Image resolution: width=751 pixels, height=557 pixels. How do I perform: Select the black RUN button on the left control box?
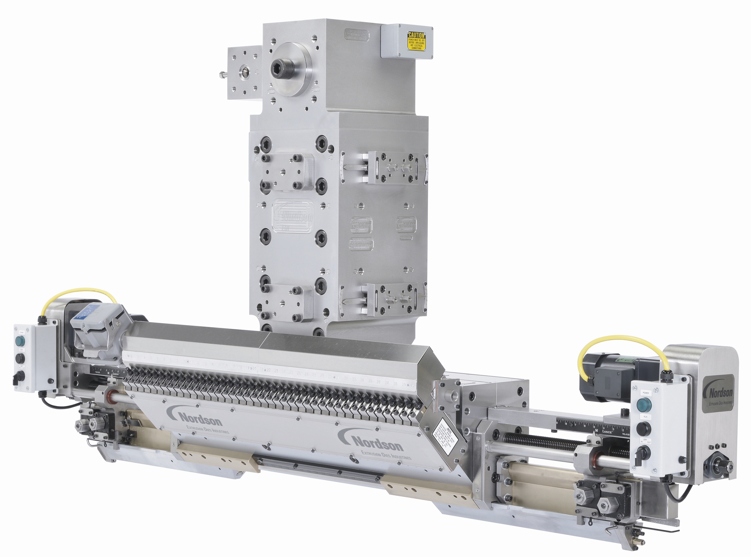point(20,358)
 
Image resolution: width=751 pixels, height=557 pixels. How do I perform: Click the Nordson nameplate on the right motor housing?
point(719,393)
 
